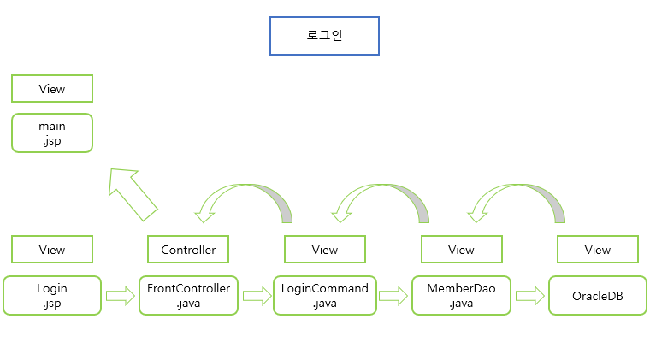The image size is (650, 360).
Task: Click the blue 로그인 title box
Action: (x=324, y=37)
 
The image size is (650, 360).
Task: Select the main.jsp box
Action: (x=52, y=133)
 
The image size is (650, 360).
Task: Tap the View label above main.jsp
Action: (x=52, y=89)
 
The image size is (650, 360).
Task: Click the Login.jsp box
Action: (x=52, y=295)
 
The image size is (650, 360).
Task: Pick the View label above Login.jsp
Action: (x=52, y=250)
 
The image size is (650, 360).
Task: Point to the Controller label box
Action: (x=188, y=250)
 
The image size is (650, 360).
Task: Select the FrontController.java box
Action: (x=188, y=295)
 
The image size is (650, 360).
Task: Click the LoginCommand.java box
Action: (x=325, y=295)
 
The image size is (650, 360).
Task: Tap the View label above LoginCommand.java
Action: (x=325, y=250)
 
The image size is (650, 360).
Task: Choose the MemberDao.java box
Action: (x=461, y=295)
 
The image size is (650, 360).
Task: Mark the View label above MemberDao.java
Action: (x=461, y=250)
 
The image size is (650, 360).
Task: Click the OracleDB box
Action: (x=598, y=295)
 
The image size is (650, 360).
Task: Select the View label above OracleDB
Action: (x=598, y=250)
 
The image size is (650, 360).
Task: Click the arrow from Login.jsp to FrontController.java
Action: (x=121, y=297)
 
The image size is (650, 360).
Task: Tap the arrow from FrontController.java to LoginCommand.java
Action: (x=257, y=297)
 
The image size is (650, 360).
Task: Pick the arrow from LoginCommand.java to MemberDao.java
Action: (x=393, y=297)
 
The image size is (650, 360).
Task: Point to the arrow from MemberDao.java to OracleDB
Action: (x=530, y=297)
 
